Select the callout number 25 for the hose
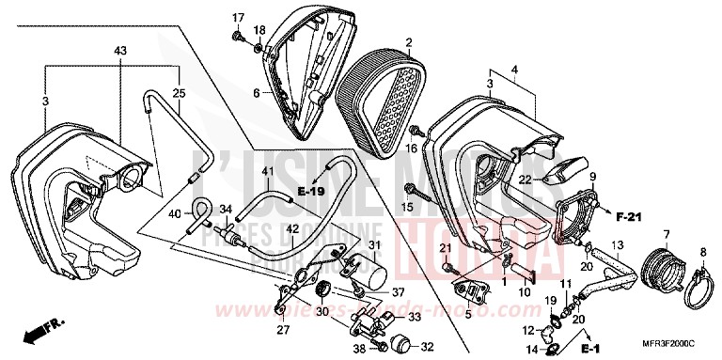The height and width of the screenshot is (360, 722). (x=180, y=93)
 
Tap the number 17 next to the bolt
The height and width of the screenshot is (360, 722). (x=238, y=17)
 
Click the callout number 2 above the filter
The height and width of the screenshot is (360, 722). (x=409, y=42)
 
